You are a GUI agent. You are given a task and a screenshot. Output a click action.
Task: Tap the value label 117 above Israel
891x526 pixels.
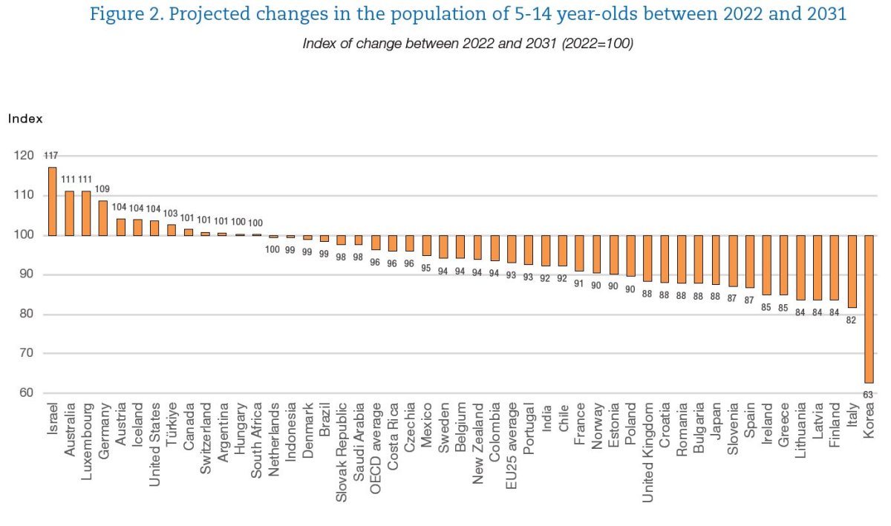(51, 156)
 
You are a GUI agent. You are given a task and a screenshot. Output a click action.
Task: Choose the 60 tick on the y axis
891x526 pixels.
(25, 393)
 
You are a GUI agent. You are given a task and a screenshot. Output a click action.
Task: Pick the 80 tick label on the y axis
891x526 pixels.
(25, 315)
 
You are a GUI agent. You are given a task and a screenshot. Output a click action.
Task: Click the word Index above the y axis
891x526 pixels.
(26, 119)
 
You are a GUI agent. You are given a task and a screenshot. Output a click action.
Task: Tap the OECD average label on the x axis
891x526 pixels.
(376, 442)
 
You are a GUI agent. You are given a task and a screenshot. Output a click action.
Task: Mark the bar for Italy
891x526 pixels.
(852, 271)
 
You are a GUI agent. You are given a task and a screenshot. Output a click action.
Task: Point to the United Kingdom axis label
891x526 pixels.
(648, 453)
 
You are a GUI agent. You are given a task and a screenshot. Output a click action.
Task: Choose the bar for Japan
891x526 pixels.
(716, 260)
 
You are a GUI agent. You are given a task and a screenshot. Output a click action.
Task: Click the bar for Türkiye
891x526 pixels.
(172, 229)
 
